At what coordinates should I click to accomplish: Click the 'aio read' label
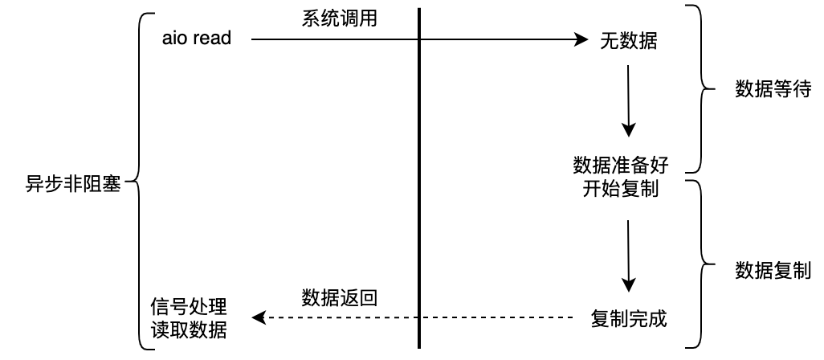[196, 38]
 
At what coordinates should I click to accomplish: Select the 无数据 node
[628, 41]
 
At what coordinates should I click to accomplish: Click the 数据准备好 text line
[620, 166]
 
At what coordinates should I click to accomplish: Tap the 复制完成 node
[628, 318]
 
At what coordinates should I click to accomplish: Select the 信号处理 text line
[189, 307]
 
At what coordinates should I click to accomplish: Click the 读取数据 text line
[189, 330]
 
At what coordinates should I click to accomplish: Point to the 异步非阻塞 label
[73, 184]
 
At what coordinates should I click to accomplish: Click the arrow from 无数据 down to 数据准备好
[629, 100]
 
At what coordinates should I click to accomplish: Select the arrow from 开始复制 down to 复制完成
[629, 256]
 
